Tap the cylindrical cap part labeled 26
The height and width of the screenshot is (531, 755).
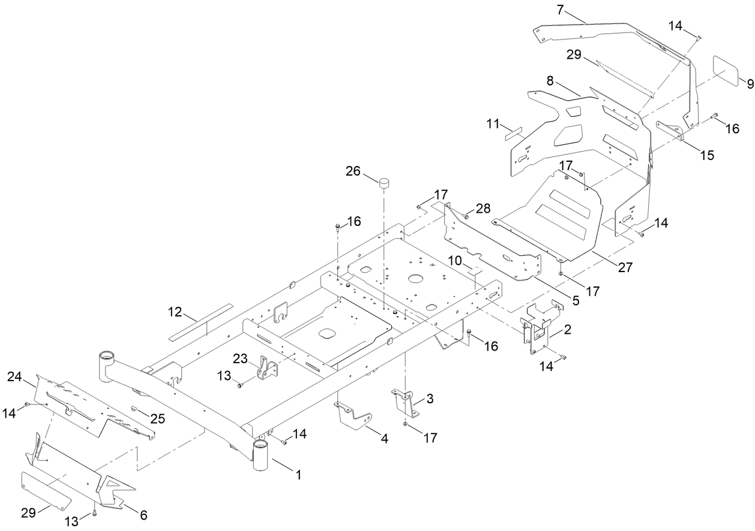coord(384,182)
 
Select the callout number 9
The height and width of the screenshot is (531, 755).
coord(750,84)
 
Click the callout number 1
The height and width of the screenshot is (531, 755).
coord(297,474)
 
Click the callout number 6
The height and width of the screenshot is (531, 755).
coord(143,515)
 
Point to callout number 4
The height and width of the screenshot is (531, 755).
coord(384,439)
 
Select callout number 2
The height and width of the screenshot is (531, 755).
coord(567,329)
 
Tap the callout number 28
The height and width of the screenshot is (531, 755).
coord(483,209)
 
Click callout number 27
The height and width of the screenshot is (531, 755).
coord(625,268)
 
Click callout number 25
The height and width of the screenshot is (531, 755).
coord(157,419)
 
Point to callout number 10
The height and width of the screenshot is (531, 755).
coord(454,260)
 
